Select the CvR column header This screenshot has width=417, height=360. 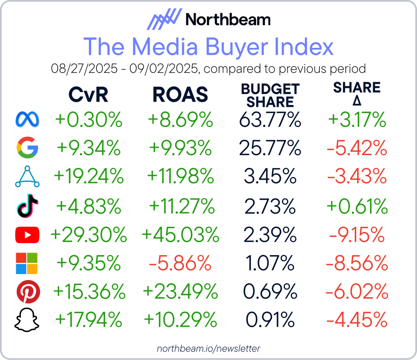coord(88,95)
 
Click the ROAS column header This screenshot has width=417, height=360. coord(180,95)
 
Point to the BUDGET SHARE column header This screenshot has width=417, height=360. coord(270,95)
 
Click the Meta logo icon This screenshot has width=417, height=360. coord(27,120)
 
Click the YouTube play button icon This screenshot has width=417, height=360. coord(27,235)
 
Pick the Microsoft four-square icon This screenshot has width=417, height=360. coord(27,263)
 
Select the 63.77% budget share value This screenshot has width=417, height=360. coord(270,120)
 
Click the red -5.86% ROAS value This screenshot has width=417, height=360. coord(180,263)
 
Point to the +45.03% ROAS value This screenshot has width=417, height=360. coord(180,235)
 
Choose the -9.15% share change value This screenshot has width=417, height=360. coord(357,235)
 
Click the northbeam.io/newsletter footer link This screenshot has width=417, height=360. coord(208,348)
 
